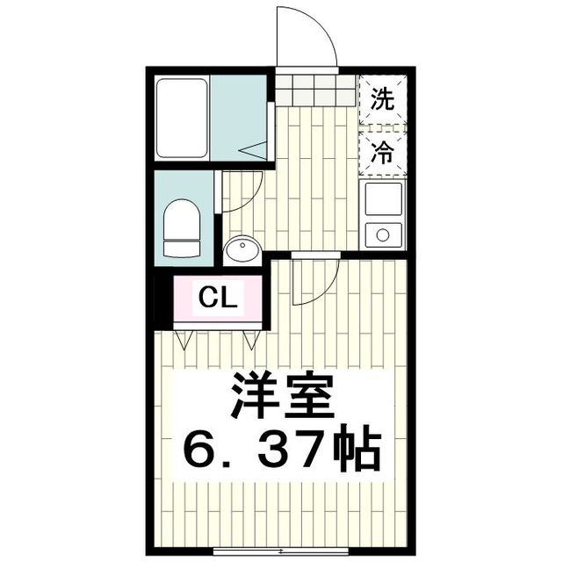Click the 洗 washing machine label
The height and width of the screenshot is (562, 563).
(381, 98)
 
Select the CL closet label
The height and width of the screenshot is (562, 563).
(216, 298)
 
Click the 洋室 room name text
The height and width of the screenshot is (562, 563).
(282, 398)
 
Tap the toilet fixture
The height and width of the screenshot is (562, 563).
(183, 228)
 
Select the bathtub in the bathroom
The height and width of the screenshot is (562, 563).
(183, 118)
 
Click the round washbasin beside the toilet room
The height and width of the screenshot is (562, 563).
(242, 249)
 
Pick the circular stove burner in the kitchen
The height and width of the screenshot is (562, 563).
(382, 234)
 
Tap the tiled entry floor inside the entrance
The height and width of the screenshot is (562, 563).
(316, 88)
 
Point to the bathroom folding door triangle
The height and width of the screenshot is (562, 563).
(255, 150)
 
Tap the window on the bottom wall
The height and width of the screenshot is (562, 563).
(280, 552)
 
